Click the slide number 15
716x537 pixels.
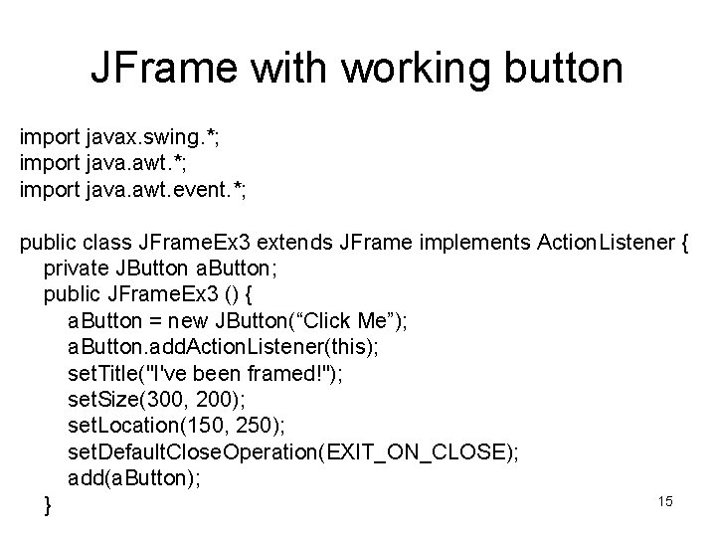tap(665, 501)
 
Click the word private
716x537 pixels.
tap(75, 271)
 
